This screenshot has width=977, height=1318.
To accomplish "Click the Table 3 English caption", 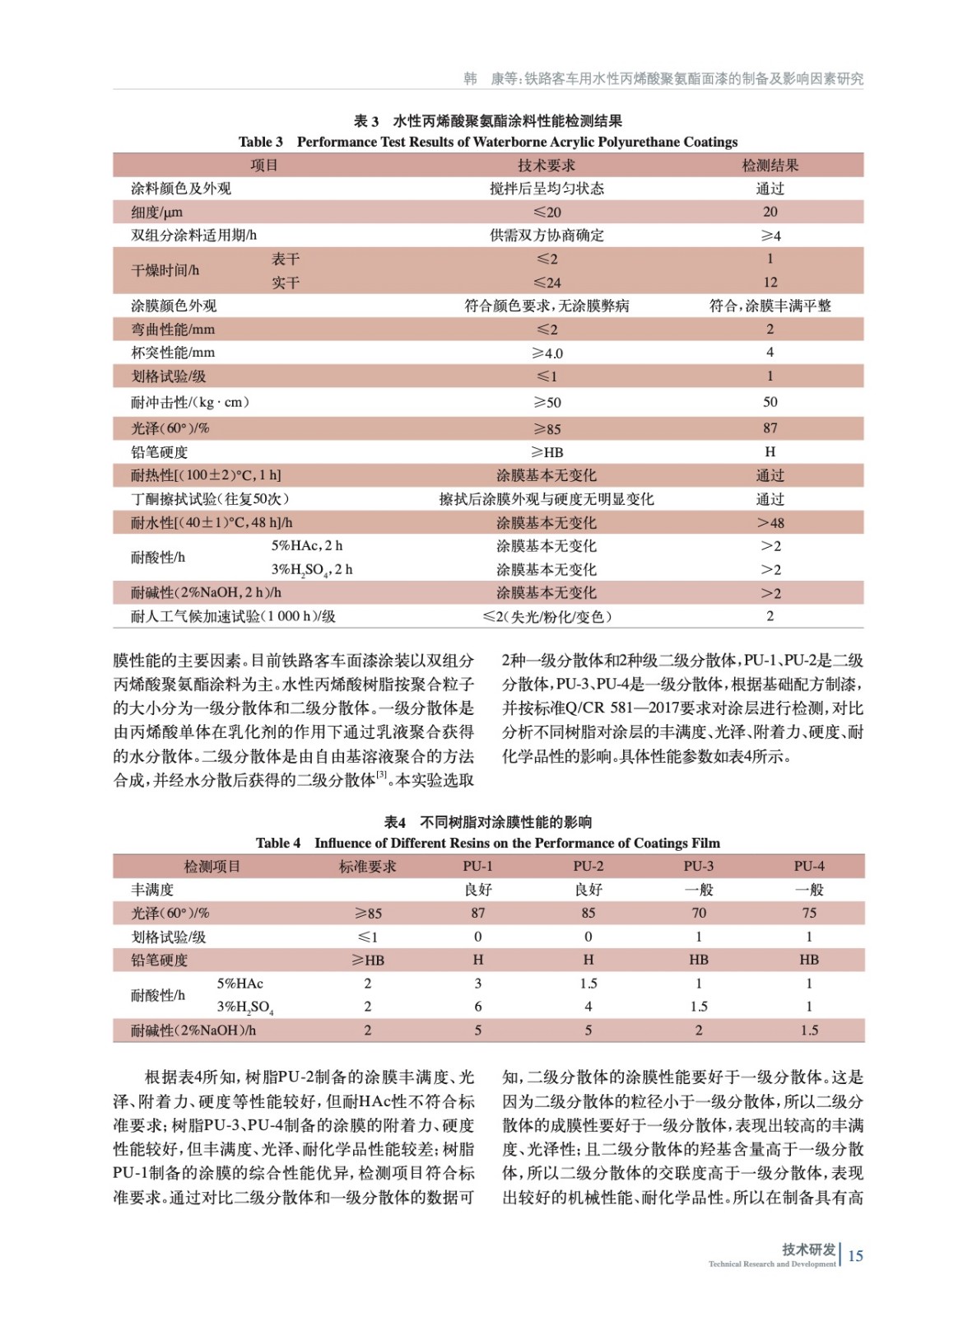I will pyautogui.click(x=488, y=142).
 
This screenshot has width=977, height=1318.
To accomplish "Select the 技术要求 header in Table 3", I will pyautogui.click(x=546, y=166).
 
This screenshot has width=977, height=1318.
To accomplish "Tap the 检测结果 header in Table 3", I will pyautogui.click(x=770, y=166).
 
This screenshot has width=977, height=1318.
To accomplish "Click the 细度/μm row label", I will pyautogui.click(x=156, y=213).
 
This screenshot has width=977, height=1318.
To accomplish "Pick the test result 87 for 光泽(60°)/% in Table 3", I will pyautogui.click(x=770, y=428).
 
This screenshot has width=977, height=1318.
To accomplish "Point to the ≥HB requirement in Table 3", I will pyautogui.click(x=547, y=452).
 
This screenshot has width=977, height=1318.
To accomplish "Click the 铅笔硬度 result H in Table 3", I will pyautogui.click(x=770, y=451).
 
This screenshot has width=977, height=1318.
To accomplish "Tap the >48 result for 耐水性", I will pyautogui.click(x=770, y=523).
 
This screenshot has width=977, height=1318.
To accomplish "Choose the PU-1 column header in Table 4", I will pyautogui.click(x=477, y=866).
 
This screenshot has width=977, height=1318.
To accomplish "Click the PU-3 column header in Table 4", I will pyautogui.click(x=698, y=866).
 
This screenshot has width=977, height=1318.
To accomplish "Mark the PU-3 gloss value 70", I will pyautogui.click(x=698, y=913).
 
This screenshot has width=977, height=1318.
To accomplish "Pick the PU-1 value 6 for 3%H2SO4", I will pyautogui.click(x=477, y=1007).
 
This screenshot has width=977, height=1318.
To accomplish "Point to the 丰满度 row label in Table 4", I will pyautogui.click(x=153, y=890).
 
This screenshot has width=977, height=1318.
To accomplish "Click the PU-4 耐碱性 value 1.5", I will pyautogui.click(x=808, y=1031).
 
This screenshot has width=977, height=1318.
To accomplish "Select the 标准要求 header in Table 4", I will pyautogui.click(x=367, y=867).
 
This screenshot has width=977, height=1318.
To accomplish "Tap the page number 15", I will pyautogui.click(x=855, y=1255).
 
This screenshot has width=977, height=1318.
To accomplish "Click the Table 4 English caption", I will pyautogui.click(x=488, y=843).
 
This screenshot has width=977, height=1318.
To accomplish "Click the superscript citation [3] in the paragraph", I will pyautogui.click(x=381, y=774).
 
